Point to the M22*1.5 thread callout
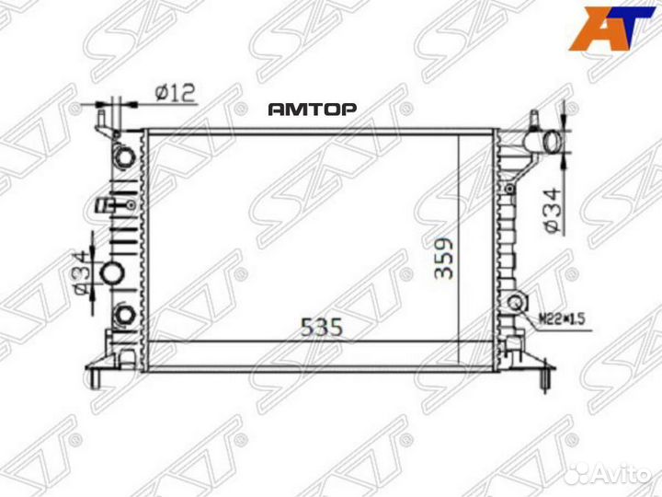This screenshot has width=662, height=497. [561, 319]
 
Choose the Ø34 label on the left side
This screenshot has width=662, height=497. [80, 273]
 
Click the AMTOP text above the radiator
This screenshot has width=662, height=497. [313, 109]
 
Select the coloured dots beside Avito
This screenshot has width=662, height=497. [575, 472]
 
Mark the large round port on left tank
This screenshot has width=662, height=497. [112, 273]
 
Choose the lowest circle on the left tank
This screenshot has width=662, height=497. [120, 318]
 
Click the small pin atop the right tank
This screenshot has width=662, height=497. [533, 118]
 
